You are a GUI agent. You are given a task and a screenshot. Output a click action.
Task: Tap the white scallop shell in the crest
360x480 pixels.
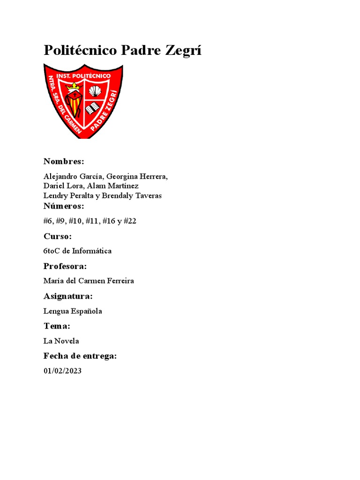(x=95, y=91)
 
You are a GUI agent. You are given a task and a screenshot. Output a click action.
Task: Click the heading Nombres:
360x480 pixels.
(x=64, y=162)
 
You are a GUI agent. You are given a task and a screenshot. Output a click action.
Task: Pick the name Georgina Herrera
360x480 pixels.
(x=136, y=177)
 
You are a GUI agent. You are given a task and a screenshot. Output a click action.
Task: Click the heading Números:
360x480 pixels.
(x=64, y=206)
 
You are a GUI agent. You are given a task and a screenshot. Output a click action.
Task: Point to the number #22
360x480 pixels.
(x=130, y=221)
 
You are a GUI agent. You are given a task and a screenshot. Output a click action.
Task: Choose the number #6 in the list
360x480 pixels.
(x=49, y=221)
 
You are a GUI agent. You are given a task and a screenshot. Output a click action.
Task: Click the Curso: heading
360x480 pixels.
(x=58, y=236)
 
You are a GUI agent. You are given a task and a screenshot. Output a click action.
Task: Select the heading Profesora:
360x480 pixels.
(x=65, y=266)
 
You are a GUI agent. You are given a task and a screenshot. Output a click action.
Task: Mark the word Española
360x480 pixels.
(x=87, y=311)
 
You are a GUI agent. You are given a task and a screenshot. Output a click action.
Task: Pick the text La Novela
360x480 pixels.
(x=61, y=341)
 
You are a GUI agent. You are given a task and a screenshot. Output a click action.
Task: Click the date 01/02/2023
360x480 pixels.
(x=62, y=371)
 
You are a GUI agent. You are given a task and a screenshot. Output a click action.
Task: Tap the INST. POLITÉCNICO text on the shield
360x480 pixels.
(x=83, y=75)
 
